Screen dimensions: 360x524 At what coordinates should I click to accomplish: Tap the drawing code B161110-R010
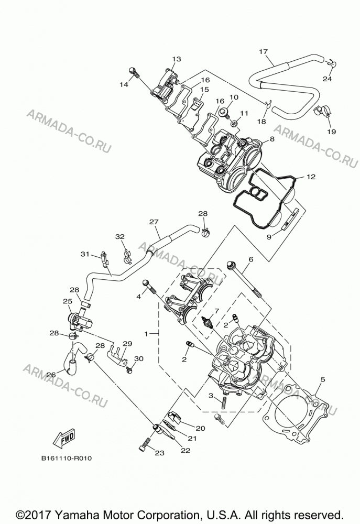pyautogui.click(x=66, y=458)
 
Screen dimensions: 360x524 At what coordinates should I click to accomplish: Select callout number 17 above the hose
pyautogui.click(x=264, y=51)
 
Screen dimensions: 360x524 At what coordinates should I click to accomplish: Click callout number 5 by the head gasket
pyautogui.click(x=322, y=379)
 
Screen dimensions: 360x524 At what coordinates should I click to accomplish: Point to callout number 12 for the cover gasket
pyautogui.click(x=311, y=177)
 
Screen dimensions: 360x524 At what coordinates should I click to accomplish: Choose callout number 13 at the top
pyautogui.click(x=177, y=59)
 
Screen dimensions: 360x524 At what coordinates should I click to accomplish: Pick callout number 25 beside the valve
pyautogui.click(x=68, y=301)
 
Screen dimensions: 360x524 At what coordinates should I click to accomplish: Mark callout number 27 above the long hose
pyautogui.click(x=154, y=222)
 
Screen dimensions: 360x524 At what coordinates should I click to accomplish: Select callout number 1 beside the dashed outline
pyautogui.click(x=146, y=333)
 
